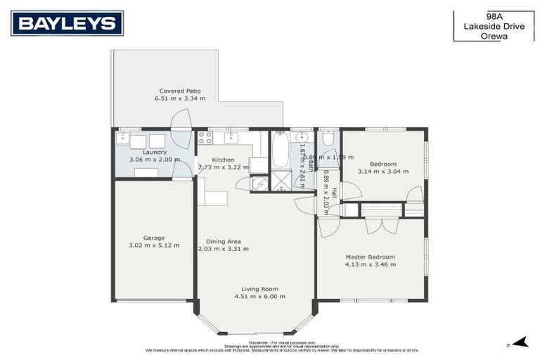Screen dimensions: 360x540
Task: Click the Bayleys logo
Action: point(67,23)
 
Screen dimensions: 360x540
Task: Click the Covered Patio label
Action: point(180,91)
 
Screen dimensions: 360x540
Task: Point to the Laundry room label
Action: point(155,152)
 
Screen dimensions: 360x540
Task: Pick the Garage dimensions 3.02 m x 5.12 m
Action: point(154,245)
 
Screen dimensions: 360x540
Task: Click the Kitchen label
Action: point(223,160)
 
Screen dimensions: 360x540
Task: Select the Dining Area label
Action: point(223,241)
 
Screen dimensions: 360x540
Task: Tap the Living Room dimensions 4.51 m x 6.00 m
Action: point(259,297)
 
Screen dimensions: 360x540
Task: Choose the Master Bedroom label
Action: point(370,257)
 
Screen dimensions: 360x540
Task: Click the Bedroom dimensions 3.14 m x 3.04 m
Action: point(382,172)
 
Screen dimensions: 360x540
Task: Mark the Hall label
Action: point(334,193)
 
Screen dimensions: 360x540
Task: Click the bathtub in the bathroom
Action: point(281,150)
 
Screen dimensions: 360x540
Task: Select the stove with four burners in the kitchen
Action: point(205,138)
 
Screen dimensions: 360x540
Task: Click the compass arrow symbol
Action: point(520,342)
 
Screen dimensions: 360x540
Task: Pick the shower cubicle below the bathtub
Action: point(281,181)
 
